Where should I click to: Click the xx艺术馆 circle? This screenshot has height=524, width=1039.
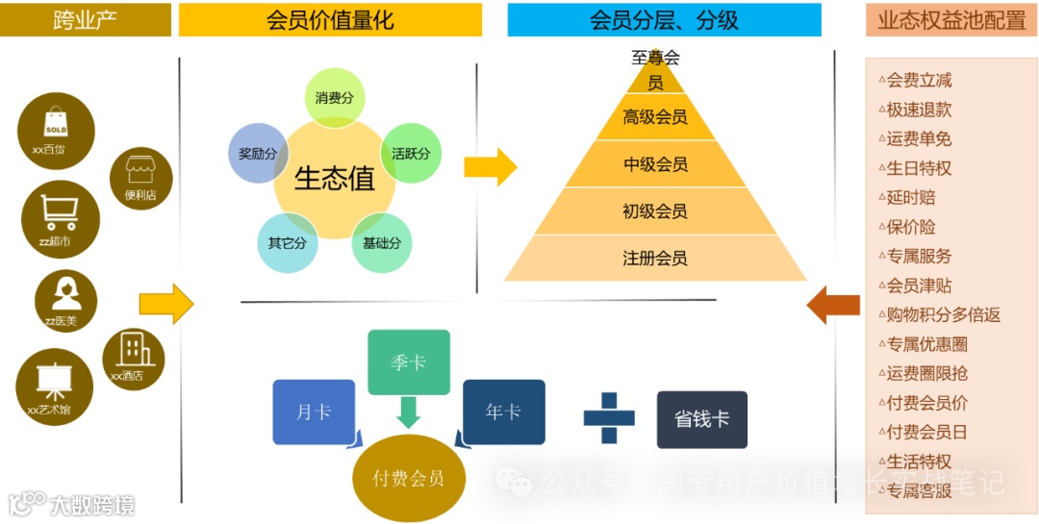(x=54, y=386)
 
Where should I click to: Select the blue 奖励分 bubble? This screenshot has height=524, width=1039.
(x=258, y=154)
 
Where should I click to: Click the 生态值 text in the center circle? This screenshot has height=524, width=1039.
(x=334, y=179)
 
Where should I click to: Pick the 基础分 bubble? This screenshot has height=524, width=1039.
(x=381, y=243)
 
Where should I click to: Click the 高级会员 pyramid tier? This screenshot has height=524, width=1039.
(x=655, y=117)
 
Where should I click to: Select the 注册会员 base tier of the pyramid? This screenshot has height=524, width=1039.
(x=655, y=259)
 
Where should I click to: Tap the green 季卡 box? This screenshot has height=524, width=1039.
(x=408, y=362)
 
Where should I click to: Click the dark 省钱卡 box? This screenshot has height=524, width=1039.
(x=701, y=419)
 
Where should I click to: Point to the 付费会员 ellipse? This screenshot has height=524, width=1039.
(x=409, y=478)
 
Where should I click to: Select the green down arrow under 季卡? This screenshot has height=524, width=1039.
(x=408, y=412)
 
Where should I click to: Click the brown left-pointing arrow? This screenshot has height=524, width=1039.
(x=832, y=304)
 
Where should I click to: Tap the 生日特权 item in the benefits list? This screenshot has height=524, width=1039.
(x=919, y=168)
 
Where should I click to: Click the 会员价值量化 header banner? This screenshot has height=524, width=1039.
(x=330, y=20)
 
